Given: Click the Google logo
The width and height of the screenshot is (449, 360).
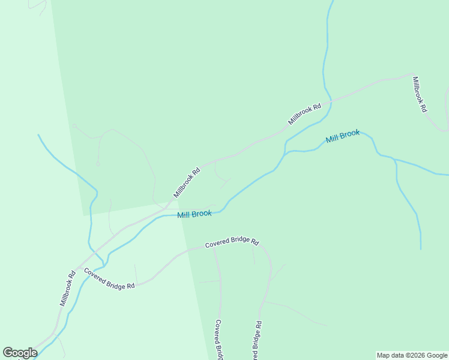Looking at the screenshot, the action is point(20,353).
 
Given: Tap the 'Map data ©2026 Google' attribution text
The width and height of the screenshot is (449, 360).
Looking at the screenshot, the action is point(412,355).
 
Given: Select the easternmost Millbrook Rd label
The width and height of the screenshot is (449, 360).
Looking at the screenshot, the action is point(420,94).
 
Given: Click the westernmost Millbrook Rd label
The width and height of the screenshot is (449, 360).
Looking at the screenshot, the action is point(67,289).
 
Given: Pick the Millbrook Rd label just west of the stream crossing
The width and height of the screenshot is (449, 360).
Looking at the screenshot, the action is point(305,114).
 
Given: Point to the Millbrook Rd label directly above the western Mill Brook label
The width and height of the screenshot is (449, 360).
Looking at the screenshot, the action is point(187,182).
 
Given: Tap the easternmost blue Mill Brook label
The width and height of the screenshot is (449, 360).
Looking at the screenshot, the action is point(343,137).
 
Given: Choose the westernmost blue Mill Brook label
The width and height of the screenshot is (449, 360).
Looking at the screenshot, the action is point(194,214).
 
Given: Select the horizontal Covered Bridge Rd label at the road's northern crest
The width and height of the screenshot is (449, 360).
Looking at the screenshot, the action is point(232,243).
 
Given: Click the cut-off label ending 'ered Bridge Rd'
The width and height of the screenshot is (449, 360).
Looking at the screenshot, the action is point(256,340).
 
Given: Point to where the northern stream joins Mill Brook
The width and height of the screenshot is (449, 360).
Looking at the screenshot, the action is point(286,144).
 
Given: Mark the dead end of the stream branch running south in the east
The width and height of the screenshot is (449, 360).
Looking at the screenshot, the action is point(421,248).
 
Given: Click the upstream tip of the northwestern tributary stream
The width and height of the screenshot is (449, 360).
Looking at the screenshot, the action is point(38,135).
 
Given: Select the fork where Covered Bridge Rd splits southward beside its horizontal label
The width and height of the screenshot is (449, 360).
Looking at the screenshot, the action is point(214,248).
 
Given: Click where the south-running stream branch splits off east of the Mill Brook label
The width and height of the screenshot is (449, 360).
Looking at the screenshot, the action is point(394,159).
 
